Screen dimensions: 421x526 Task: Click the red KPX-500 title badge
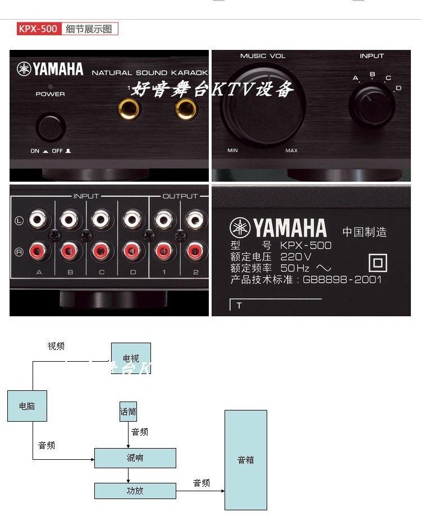click(x=39, y=29)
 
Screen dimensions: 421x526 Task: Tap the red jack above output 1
click(x=163, y=250)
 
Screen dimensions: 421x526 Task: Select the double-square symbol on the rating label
click(x=378, y=263)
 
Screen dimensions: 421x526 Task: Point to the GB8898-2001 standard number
click(x=342, y=279)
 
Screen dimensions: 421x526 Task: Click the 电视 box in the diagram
click(x=131, y=358)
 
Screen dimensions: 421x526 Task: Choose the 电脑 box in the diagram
click(x=27, y=406)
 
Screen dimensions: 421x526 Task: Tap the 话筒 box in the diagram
click(x=128, y=412)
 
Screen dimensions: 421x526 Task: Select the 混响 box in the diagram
click(x=135, y=458)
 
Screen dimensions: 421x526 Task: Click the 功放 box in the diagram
click(x=135, y=491)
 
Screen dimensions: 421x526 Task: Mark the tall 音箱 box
click(x=246, y=460)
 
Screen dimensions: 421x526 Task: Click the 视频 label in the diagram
click(x=56, y=347)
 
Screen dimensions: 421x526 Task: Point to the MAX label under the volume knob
click(x=291, y=151)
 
